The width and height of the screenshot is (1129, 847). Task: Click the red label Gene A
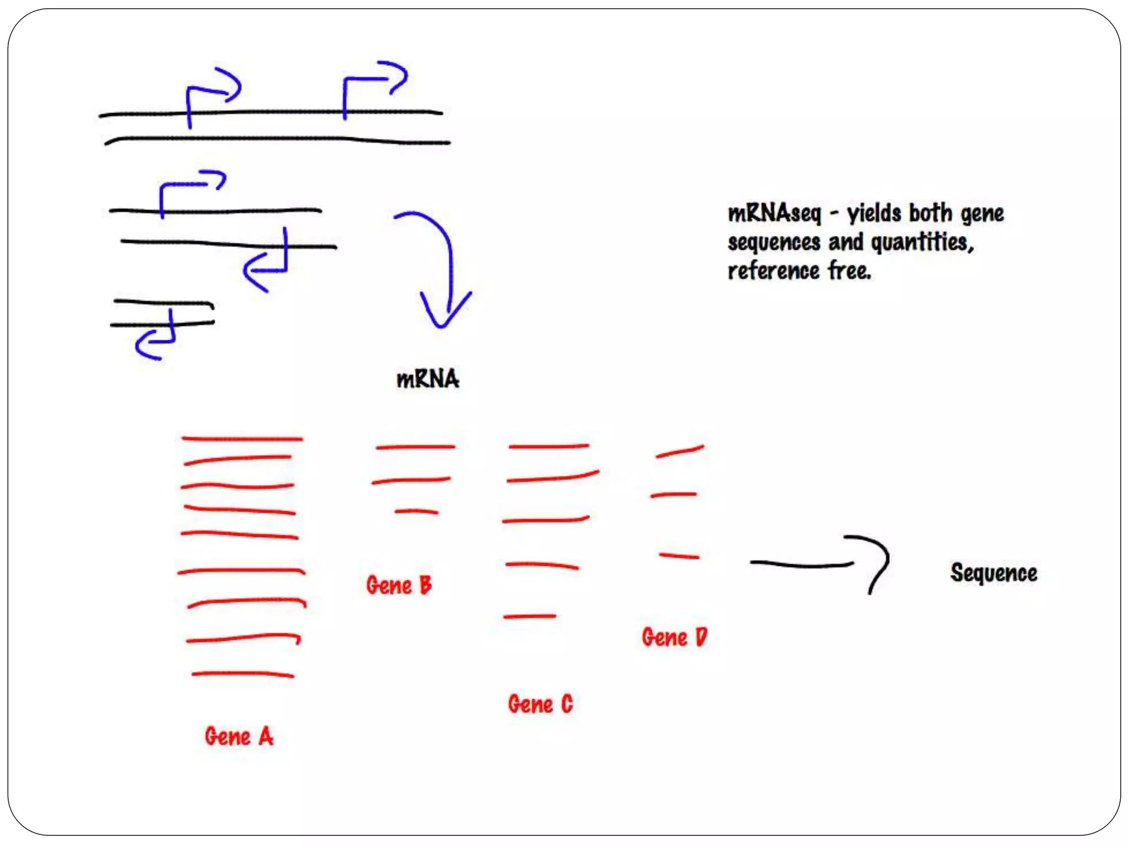click(239, 737)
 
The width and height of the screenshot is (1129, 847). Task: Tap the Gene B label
click(399, 585)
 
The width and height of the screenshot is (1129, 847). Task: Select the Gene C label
click(540, 704)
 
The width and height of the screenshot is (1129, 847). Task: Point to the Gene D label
click(674, 637)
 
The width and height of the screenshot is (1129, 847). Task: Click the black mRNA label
click(428, 379)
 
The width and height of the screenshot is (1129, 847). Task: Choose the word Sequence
click(993, 573)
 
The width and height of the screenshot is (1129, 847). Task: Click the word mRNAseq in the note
click(774, 213)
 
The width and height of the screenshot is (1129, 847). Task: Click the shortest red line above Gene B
click(417, 512)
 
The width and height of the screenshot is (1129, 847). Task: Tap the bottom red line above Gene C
click(530, 616)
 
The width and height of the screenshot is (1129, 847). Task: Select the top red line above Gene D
click(680, 452)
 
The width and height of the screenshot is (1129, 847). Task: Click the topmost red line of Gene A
click(242, 439)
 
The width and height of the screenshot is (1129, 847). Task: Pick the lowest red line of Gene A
click(243, 674)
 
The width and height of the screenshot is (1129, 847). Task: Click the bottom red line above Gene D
click(679, 556)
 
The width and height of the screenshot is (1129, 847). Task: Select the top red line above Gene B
click(416, 447)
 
